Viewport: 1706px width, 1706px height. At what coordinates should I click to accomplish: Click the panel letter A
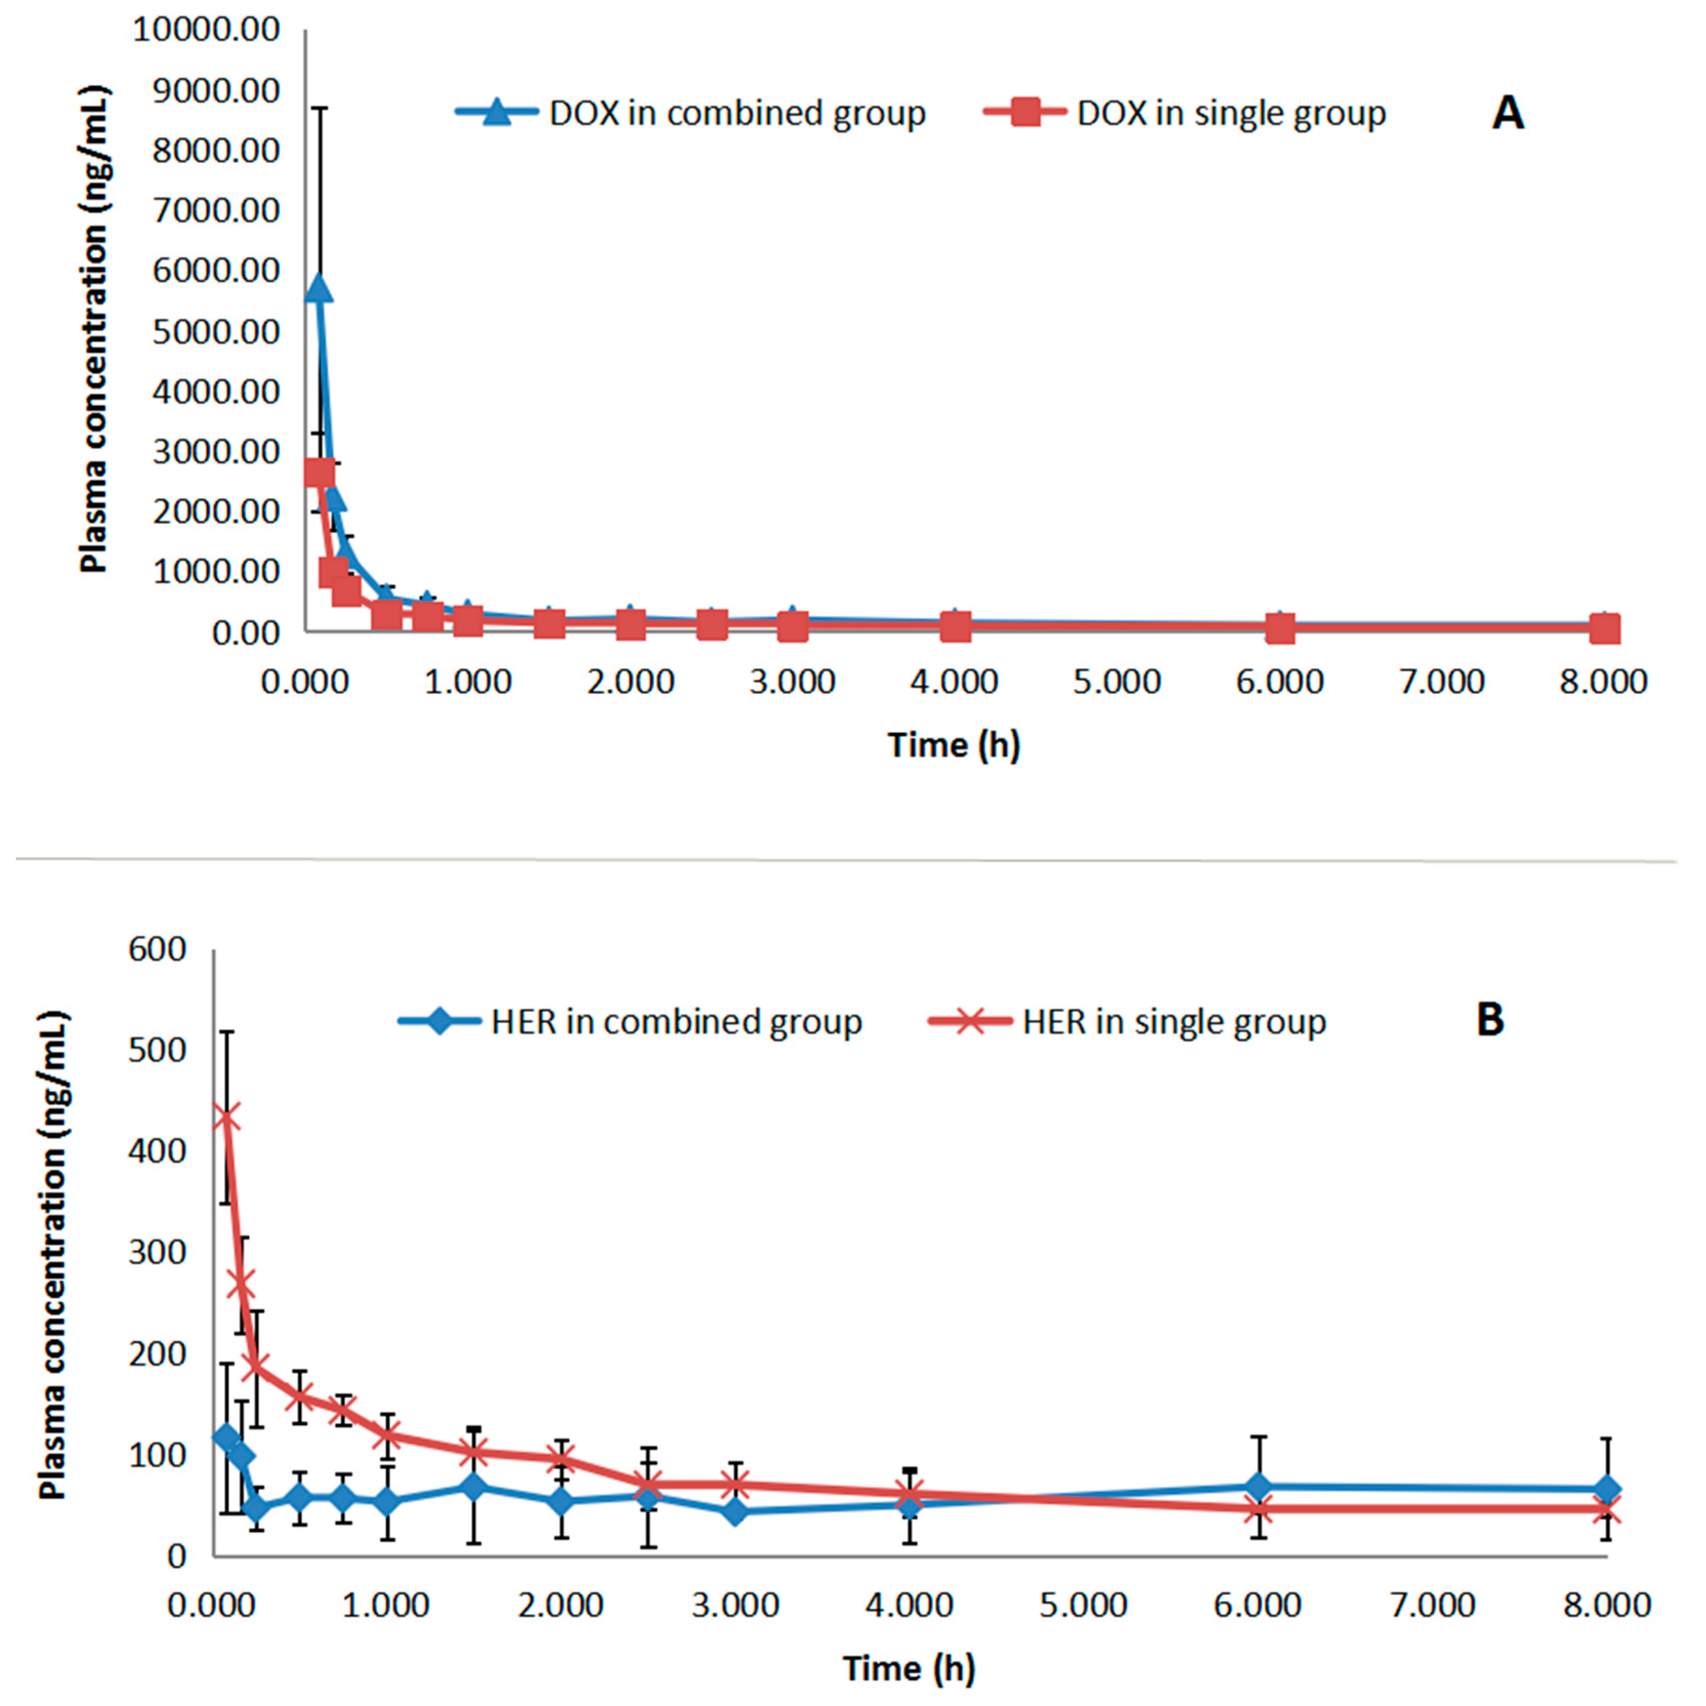pyautogui.click(x=1508, y=114)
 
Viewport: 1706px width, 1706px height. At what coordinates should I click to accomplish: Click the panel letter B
pyautogui.click(x=1491, y=1020)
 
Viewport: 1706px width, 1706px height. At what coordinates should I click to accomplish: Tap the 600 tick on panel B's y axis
pyautogui.click(x=157, y=949)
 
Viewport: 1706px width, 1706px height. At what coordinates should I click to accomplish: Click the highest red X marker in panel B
pyautogui.click(x=227, y=1118)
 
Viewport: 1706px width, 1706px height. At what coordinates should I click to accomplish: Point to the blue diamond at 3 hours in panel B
pyautogui.click(x=735, y=1512)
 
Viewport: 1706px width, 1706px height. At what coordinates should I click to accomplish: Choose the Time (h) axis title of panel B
pyautogui.click(x=908, y=1668)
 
